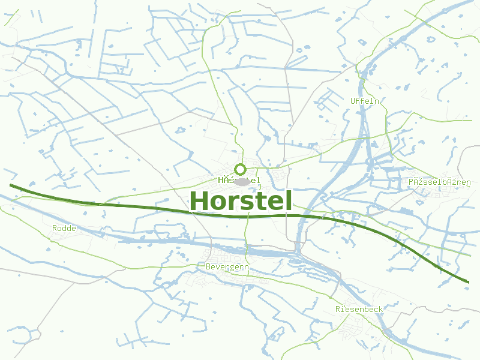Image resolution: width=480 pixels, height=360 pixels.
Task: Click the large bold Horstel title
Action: pyautogui.click(x=241, y=201)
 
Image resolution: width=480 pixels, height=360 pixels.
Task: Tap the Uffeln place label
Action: pyautogui.click(x=365, y=101)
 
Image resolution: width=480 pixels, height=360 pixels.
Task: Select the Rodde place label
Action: pyautogui.click(x=64, y=228)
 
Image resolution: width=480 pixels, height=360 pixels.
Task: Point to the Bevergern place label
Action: pyautogui.click(x=227, y=266)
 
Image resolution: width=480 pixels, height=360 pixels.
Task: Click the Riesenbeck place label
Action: pyautogui.click(x=359, y=309)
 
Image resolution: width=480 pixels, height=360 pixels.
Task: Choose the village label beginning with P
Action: pyautogui.click(x=439, y=182)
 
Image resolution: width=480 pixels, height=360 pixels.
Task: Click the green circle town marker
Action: pyautogui.click(x=240, y=169)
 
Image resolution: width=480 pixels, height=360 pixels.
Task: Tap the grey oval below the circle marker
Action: pyautogui.click(x=242, y=181)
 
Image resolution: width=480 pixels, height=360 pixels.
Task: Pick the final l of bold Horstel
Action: pyautogui.click(x=288, y=200)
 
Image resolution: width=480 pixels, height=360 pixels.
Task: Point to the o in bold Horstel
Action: pyautogui.click(x=218, y=203)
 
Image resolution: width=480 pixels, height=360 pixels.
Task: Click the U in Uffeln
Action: pyautogui.click(x=353, y=101)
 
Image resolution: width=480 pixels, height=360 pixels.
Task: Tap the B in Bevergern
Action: pyautogui.click(x=208, y=266)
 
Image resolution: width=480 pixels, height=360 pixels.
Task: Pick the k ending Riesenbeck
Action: pyautogui.click(x=380, y=309)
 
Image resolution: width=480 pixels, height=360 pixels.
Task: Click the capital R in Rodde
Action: pyautogui.click(x=55, y=228)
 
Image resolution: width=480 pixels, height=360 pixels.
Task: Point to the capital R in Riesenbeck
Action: pyautogui.click(x=338, y=309)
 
